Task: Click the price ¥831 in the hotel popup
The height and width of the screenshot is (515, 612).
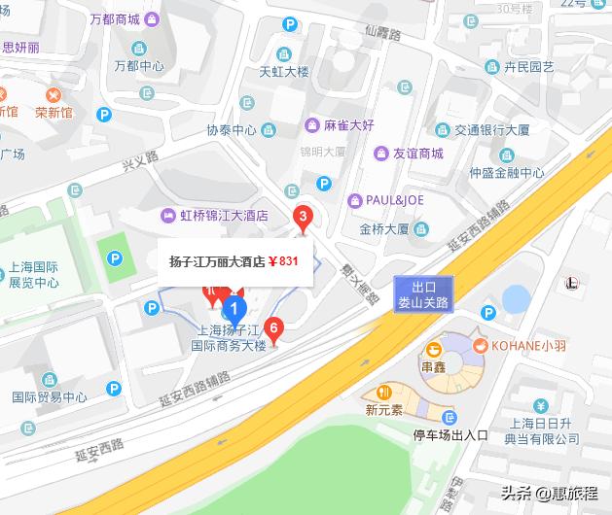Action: [x=283, y=261]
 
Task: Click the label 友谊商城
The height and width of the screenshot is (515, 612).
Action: [x=417, y=153]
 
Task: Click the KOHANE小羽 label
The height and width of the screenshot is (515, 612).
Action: [x=532, y=345]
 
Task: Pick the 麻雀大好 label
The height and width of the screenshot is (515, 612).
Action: [x=349, y=125]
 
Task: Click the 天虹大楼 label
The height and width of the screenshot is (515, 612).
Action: [x=282, y=71]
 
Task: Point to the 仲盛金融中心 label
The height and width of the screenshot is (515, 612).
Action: [x=506, y=173]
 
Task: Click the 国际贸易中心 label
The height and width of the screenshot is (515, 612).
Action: [x=49, y=396]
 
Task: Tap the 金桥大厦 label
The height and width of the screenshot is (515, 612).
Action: [x=383, y=230]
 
